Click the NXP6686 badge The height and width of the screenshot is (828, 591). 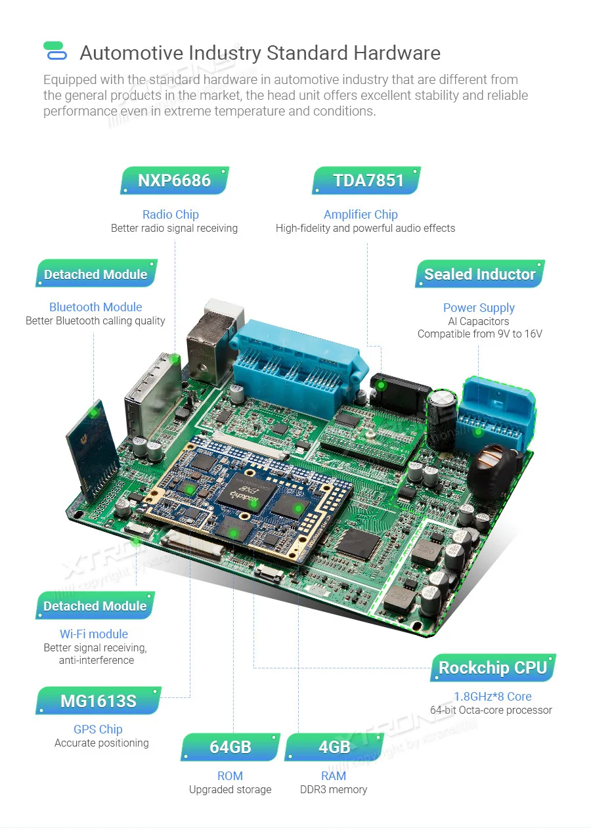click(x=174, y=181)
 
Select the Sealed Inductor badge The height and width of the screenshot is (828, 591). click(x=479, y=274)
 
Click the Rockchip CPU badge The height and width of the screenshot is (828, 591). click(x=492, y=668)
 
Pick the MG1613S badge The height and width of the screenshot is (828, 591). click(x=98, y=701)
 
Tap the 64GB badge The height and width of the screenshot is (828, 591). click(x=230, y=747)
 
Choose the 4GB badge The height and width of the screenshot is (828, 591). click(x=334, y=747)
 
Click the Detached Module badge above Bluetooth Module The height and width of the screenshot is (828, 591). click(x=96, y=274)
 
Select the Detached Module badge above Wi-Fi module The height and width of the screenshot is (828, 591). click(x=95, y=606)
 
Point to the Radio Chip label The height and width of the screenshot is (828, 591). click(x=170, y=214)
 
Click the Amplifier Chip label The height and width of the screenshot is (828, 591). click(x=361, y=214)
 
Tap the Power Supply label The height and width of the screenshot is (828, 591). click(x=479, y=307)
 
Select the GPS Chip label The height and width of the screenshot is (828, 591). click(x=98, y=729)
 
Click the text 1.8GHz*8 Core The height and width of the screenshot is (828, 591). click(x=492, y=696)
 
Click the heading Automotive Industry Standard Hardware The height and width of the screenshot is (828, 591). click(x=260, y=53)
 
